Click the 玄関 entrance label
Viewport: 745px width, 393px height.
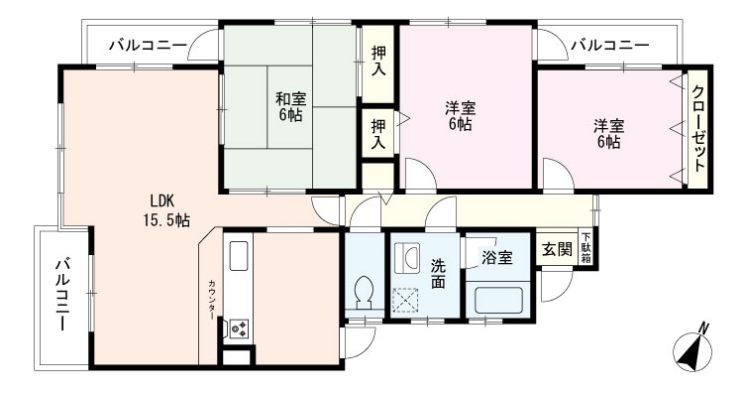pos(555,249)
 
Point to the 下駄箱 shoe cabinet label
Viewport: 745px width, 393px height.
pos(586,247)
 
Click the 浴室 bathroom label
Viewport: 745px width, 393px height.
pos(496,258)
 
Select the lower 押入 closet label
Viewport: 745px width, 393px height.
pos(378,133)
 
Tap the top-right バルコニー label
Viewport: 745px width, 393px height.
pos(609,45)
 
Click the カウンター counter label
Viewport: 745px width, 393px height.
pos(211,299)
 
